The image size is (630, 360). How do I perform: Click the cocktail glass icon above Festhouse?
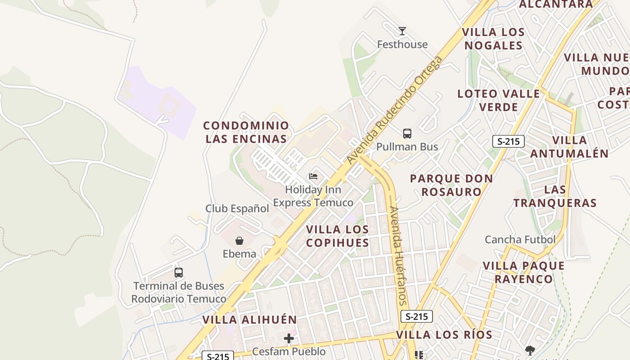click(402, 31)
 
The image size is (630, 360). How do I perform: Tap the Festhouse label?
click(402, 45)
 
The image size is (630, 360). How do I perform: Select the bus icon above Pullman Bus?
click(407, 134)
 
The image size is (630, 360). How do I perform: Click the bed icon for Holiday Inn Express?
click(313, 176)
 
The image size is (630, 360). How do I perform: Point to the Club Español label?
click(237, 209)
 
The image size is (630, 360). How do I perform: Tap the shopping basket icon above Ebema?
click(239, 241)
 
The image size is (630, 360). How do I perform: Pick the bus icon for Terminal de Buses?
click(179, 273)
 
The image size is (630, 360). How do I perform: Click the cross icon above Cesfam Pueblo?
click(289, 338)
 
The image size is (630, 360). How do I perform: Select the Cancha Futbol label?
click(520, 239)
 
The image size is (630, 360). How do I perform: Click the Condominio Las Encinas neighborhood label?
click(246, 132)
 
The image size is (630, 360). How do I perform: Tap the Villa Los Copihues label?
click(337, 236)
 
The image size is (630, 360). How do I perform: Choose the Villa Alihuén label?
click(249, 320)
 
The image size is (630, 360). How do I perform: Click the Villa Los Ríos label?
click(444, 335)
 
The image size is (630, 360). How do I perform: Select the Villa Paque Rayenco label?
click(524, 272)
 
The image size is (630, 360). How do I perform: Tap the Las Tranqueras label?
click(555, 196)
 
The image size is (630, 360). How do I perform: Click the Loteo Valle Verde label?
click(499, 100)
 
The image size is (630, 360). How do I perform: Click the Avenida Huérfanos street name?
click(398, 256)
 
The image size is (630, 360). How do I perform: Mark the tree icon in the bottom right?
click(530, 350)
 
